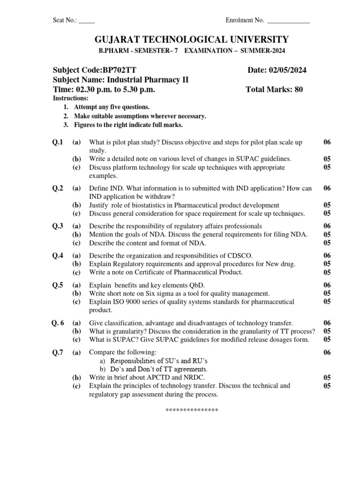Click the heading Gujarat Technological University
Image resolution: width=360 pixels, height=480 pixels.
(x=180, y=39)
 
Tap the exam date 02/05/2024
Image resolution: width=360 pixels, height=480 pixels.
(x=286, y=70)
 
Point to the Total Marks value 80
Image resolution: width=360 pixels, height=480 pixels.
(x=298, y=90)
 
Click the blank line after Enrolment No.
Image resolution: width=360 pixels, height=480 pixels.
(x=287, y=21)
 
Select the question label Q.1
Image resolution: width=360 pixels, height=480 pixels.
(x=58, y=142)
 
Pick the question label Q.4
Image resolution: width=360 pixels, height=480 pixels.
(x=58, y=255)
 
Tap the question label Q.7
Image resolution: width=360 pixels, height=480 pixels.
(x=58, y=352)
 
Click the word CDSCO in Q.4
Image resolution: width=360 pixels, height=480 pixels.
(x=240, y=255)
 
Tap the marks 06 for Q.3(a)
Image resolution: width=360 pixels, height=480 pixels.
(x=327, y=226)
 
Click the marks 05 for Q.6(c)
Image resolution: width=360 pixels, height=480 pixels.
(x=327, y=339)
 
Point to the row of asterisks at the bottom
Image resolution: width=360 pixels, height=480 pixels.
(x=192, y=411)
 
